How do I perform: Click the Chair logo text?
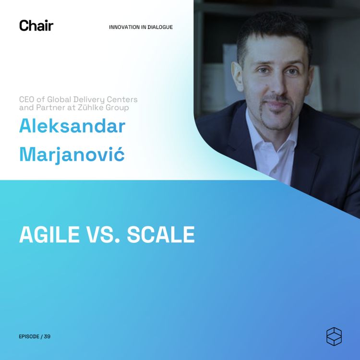click(36, 25)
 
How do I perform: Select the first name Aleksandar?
click(72, 126)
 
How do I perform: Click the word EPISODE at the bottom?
click(29, 336)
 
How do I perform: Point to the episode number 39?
click(47, 336)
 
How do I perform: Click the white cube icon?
click(334, 336)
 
